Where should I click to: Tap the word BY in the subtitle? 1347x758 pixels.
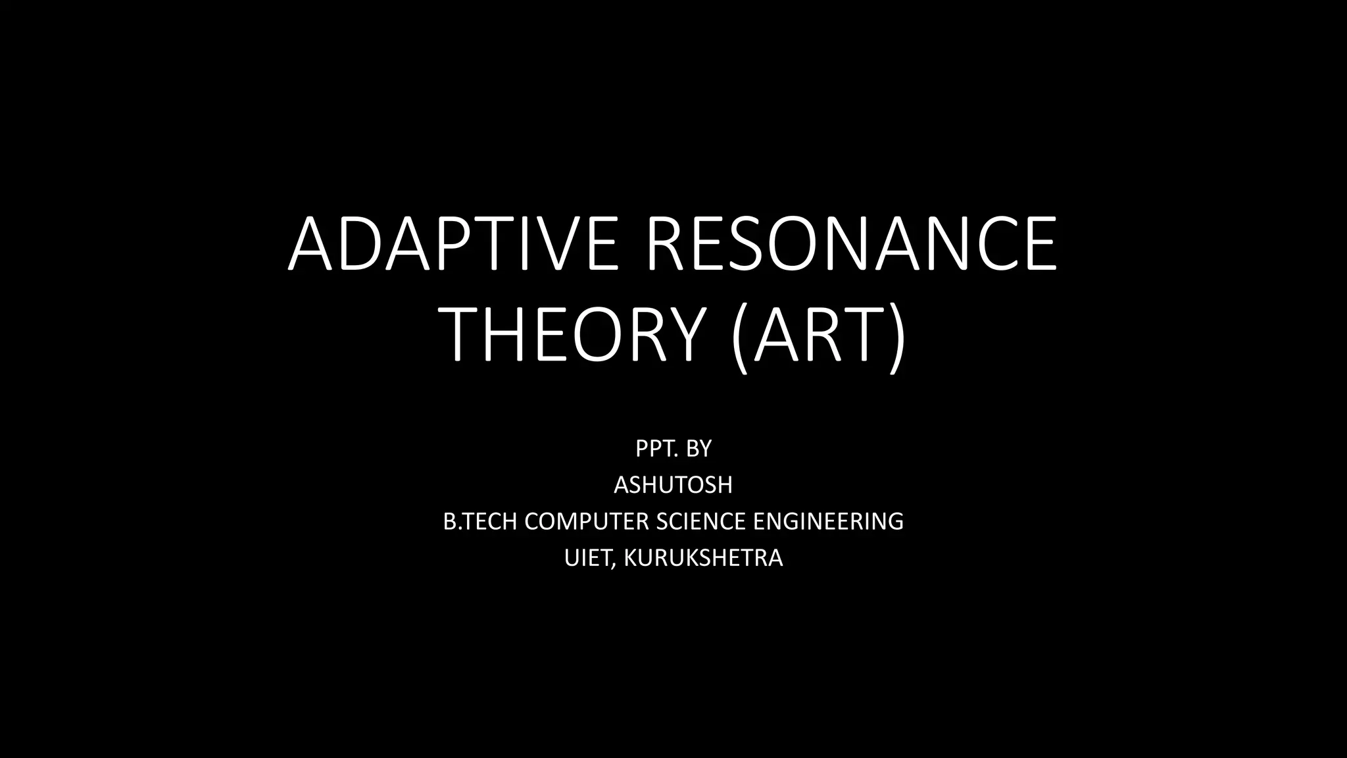point(698,449)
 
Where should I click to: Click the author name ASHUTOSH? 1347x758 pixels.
point(673,485)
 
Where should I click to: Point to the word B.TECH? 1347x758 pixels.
point(481,521)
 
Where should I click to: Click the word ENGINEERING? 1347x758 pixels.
point(828,521)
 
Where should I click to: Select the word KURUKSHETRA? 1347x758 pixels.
point(703,558)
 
